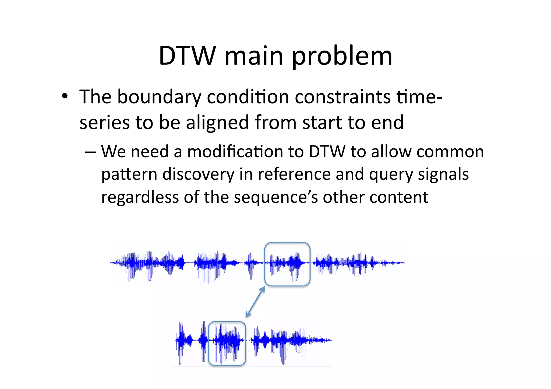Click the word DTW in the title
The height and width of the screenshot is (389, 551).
188,56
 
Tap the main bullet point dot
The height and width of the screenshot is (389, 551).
65,96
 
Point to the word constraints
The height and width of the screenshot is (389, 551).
342,97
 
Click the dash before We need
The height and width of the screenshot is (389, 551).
90,152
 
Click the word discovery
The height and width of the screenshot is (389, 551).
199,174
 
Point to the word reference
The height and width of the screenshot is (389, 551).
294,174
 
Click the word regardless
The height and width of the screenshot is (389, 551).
140,197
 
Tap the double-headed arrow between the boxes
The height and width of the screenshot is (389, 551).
255,302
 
